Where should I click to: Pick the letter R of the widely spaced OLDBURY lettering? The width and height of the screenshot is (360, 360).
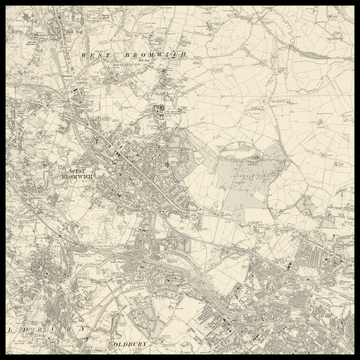click(62, 328)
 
